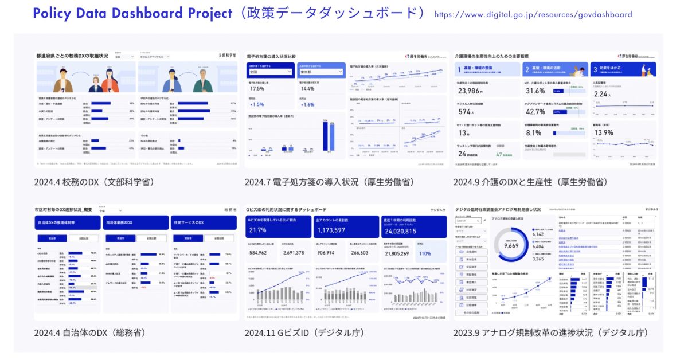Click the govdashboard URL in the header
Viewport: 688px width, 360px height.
[533, 14]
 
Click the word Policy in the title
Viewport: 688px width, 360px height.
[52, 13]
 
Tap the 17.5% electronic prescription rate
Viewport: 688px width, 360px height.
[257, 89]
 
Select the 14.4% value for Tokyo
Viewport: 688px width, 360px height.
[307, 89]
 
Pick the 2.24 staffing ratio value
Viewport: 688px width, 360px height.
[602, 94]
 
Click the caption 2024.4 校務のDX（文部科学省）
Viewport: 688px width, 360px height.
[94, 182]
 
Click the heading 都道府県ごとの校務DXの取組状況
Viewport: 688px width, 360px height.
[72, 56]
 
